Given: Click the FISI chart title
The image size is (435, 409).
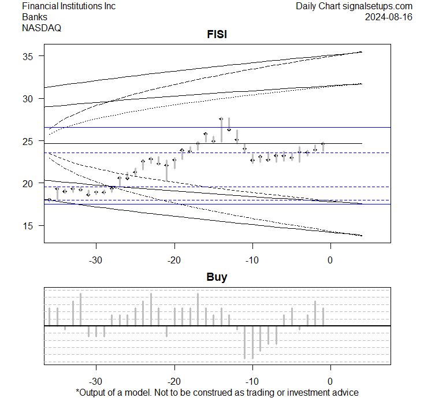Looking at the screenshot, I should (x=217, y=35).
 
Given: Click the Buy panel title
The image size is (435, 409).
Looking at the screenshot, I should (x=217, y=277).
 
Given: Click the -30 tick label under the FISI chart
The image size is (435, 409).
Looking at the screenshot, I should (x=96, y=259).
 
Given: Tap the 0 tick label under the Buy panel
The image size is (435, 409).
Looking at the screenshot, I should (x=330, y=381).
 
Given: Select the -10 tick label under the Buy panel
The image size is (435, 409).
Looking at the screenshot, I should (x=252, y=381).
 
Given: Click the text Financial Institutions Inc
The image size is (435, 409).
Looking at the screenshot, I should (x=69, y=6).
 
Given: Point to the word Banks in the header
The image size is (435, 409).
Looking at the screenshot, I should (x=35, y=17).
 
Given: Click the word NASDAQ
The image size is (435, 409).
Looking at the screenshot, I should (x=42, y=27).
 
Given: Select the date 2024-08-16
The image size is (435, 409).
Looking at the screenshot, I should (x=389, y=17).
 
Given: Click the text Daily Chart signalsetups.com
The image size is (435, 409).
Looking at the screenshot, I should (x=354, y=6).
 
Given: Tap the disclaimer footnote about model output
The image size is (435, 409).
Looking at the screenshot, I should (x=217, y=393).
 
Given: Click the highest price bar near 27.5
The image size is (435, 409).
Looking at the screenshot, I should (x=221, y=129).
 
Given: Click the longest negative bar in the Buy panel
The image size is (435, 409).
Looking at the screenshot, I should (x=252, y=342).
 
